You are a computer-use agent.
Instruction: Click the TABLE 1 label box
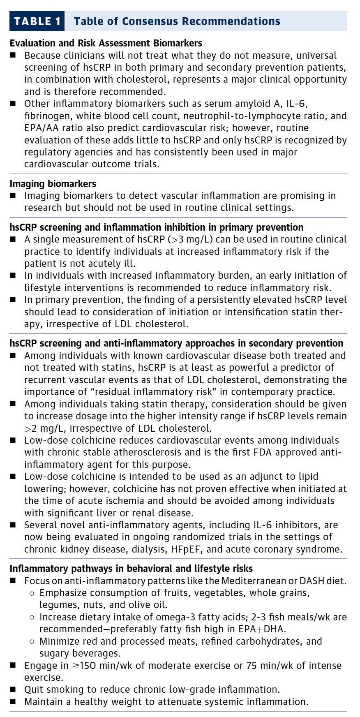(37, 21)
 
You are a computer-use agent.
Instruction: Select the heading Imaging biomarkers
(53, 184)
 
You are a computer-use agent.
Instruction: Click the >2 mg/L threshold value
(44, 428)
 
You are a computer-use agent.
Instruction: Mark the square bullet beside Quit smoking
(13, 689)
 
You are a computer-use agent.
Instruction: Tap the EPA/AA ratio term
(51, 128)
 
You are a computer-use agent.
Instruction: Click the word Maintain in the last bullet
(44, 702)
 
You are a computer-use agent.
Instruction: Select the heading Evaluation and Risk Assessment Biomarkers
(106, 43)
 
